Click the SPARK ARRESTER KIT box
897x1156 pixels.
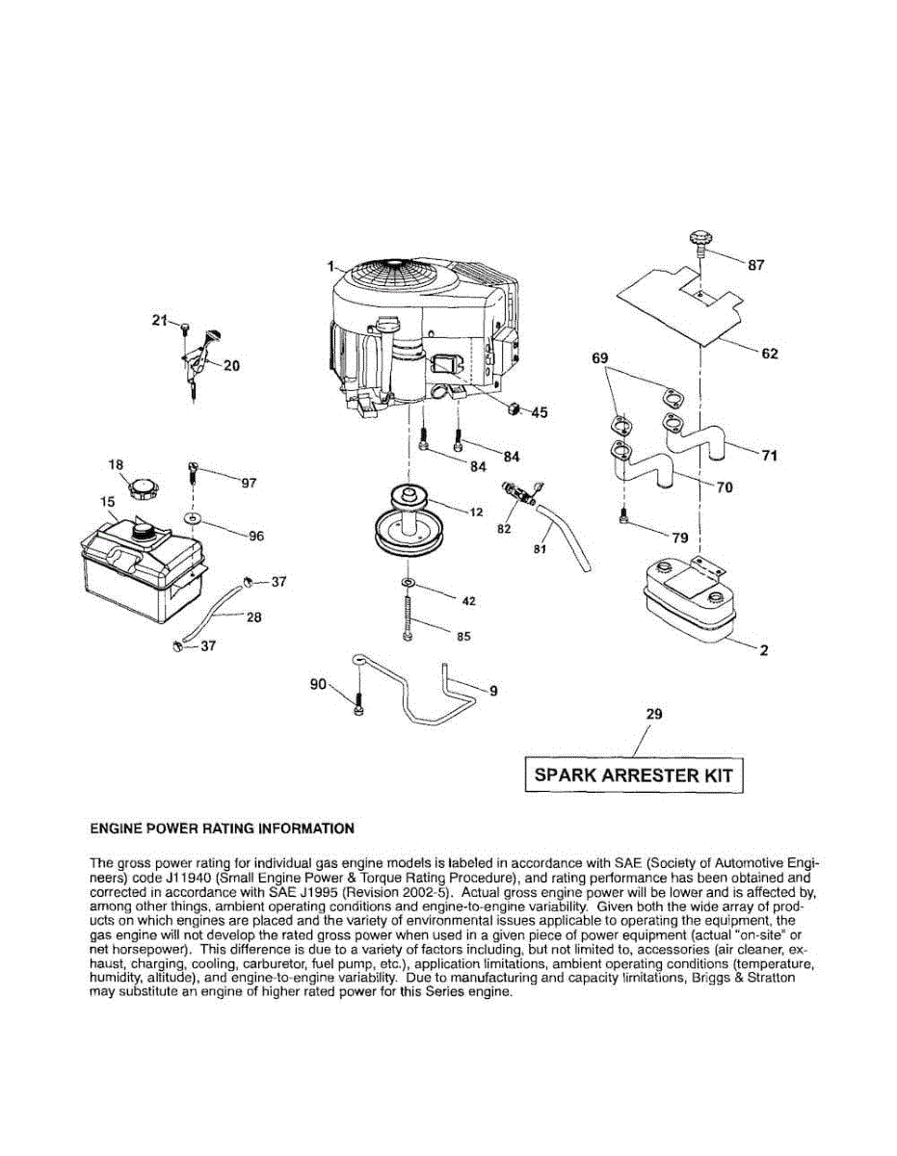point(634,775)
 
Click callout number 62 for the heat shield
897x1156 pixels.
point(769,354)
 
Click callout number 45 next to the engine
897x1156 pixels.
point(539,412)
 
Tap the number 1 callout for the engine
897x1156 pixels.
point(330,266)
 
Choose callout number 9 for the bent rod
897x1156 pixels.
point(494,690)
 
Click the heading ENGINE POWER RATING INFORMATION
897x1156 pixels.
point(222,828)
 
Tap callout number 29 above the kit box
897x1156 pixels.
point(653,715)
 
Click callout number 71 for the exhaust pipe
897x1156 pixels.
point(768,456)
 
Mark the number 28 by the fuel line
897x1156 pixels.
point(253,617)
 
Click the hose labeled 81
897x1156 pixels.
point(564,538)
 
